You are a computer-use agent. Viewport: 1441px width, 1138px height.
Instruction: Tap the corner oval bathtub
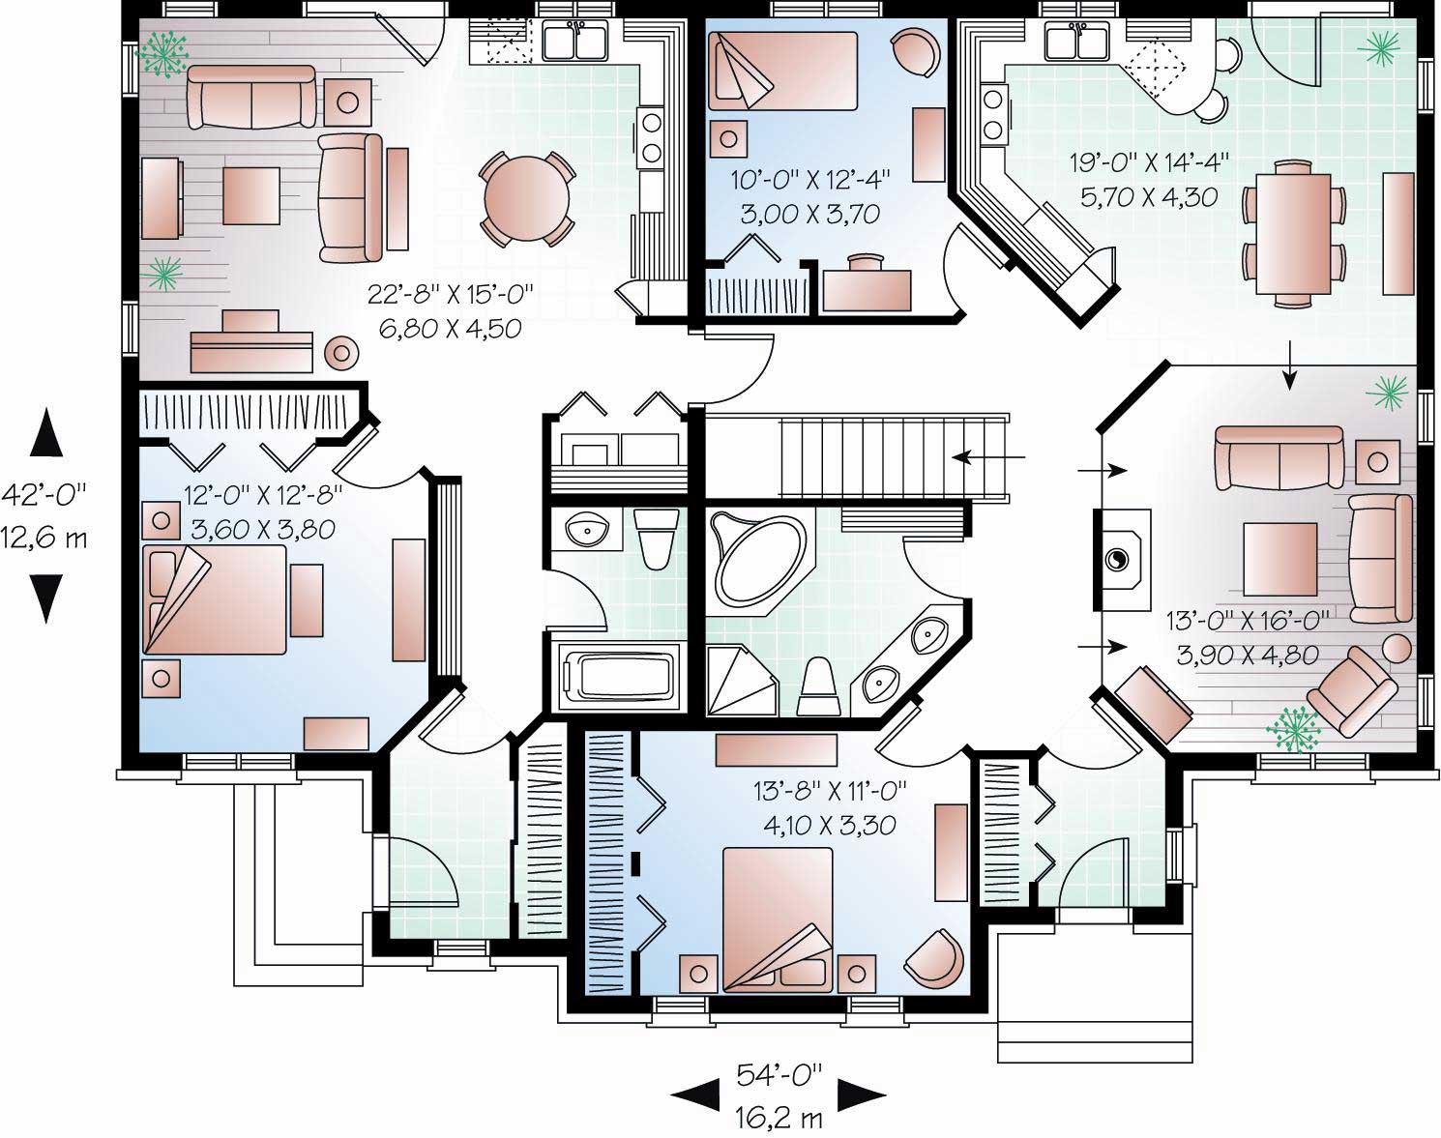pos(759,559)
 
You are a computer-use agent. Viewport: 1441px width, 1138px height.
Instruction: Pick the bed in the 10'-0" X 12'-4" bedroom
pos(783,71)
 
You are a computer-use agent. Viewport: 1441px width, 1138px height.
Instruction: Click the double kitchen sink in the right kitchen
pos(1076,42)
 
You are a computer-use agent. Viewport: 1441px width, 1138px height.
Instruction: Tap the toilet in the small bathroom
pos(656,538)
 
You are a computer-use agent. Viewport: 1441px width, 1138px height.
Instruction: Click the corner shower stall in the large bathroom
pos(740,680)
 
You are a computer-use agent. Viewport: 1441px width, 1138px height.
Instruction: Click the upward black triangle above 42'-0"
pos(45,432)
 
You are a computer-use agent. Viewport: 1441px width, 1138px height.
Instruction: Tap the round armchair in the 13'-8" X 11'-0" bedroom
pos(934,957)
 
